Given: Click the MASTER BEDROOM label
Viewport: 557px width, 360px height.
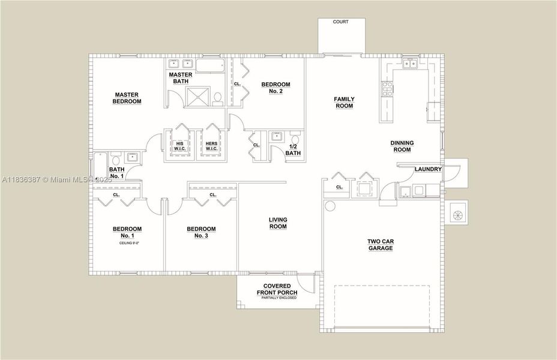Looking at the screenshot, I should (x=127, y=98).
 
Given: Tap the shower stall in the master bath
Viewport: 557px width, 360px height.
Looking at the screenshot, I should (x=197, y=97).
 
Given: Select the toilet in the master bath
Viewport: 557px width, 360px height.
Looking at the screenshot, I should (x=218, y=96).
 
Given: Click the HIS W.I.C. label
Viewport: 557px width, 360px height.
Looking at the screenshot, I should (x=179, y=146).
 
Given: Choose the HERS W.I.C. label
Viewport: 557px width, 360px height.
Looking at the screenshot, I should (x=211, y=146).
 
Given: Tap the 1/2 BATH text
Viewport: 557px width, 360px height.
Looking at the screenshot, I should (x=294, y=150).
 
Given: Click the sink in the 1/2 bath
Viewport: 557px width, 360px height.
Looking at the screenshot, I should (x=277, y=136).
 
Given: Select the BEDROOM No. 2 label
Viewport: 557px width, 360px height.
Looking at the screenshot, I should (x=275, y=88).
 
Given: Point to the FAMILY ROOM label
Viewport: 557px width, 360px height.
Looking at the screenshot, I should (x=344, y=103).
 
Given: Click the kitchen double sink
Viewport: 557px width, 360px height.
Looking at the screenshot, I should (x=411, y=64).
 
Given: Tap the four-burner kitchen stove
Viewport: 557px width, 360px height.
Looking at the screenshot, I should (x=387, y=89).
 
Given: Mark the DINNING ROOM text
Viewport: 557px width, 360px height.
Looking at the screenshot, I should (x=402, y=146).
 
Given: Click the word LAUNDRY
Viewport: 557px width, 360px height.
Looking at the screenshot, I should (x=428, y=169).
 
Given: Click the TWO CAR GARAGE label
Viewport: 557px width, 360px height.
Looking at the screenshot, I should (x=380, y=245).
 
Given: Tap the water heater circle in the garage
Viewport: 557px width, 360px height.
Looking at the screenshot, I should (x=330, y=206).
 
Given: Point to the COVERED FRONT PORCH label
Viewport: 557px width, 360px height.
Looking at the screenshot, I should (x=274, y=289).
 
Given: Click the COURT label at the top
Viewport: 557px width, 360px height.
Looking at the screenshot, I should (x=341, y=22).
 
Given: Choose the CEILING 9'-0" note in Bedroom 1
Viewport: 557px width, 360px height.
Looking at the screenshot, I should (x=127, y=244).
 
